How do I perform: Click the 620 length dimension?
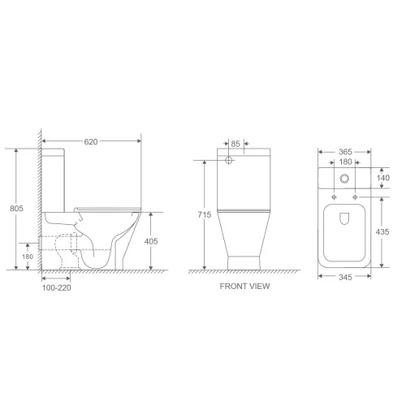coord(91,141)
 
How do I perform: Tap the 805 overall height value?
coord(16,209)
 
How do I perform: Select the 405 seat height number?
coord(151,241)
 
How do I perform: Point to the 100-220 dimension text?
coord(57,287)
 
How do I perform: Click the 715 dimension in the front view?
coord(205,214)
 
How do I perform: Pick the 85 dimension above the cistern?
coord(235,144)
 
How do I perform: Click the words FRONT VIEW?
coord(244,286)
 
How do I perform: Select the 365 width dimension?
coord(345,152)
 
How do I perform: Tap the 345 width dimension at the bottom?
coord(345,277)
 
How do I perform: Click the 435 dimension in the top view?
coord(382,231)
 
